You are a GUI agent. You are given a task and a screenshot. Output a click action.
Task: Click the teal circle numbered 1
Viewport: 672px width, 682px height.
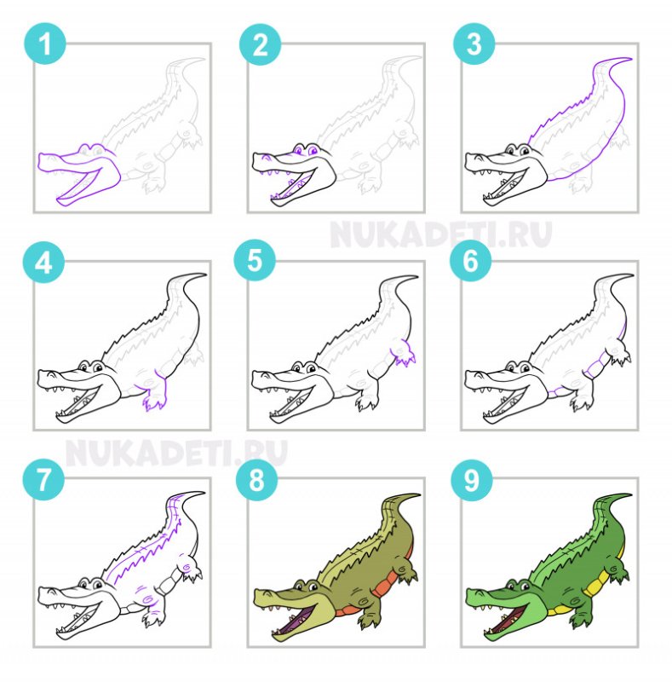click(45, 43)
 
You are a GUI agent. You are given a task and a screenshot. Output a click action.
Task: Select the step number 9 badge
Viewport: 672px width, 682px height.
click(471, 480)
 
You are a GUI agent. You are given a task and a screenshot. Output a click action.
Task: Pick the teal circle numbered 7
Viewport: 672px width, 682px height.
click(43, 480)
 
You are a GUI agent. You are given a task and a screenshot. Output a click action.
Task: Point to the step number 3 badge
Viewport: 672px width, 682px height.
click(474, 43)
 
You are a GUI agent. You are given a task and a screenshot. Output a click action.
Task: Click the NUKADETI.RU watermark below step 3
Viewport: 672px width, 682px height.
click(440, 234)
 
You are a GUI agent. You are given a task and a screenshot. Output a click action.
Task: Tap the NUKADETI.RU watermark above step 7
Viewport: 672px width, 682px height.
click(176, 453)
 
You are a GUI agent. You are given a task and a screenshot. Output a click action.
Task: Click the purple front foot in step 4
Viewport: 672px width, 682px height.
click(155, 398)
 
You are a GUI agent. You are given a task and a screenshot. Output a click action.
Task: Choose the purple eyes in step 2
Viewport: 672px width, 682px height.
click(305, 151)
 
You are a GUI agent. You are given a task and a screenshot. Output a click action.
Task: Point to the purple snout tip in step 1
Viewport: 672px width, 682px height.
click(40, 160)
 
